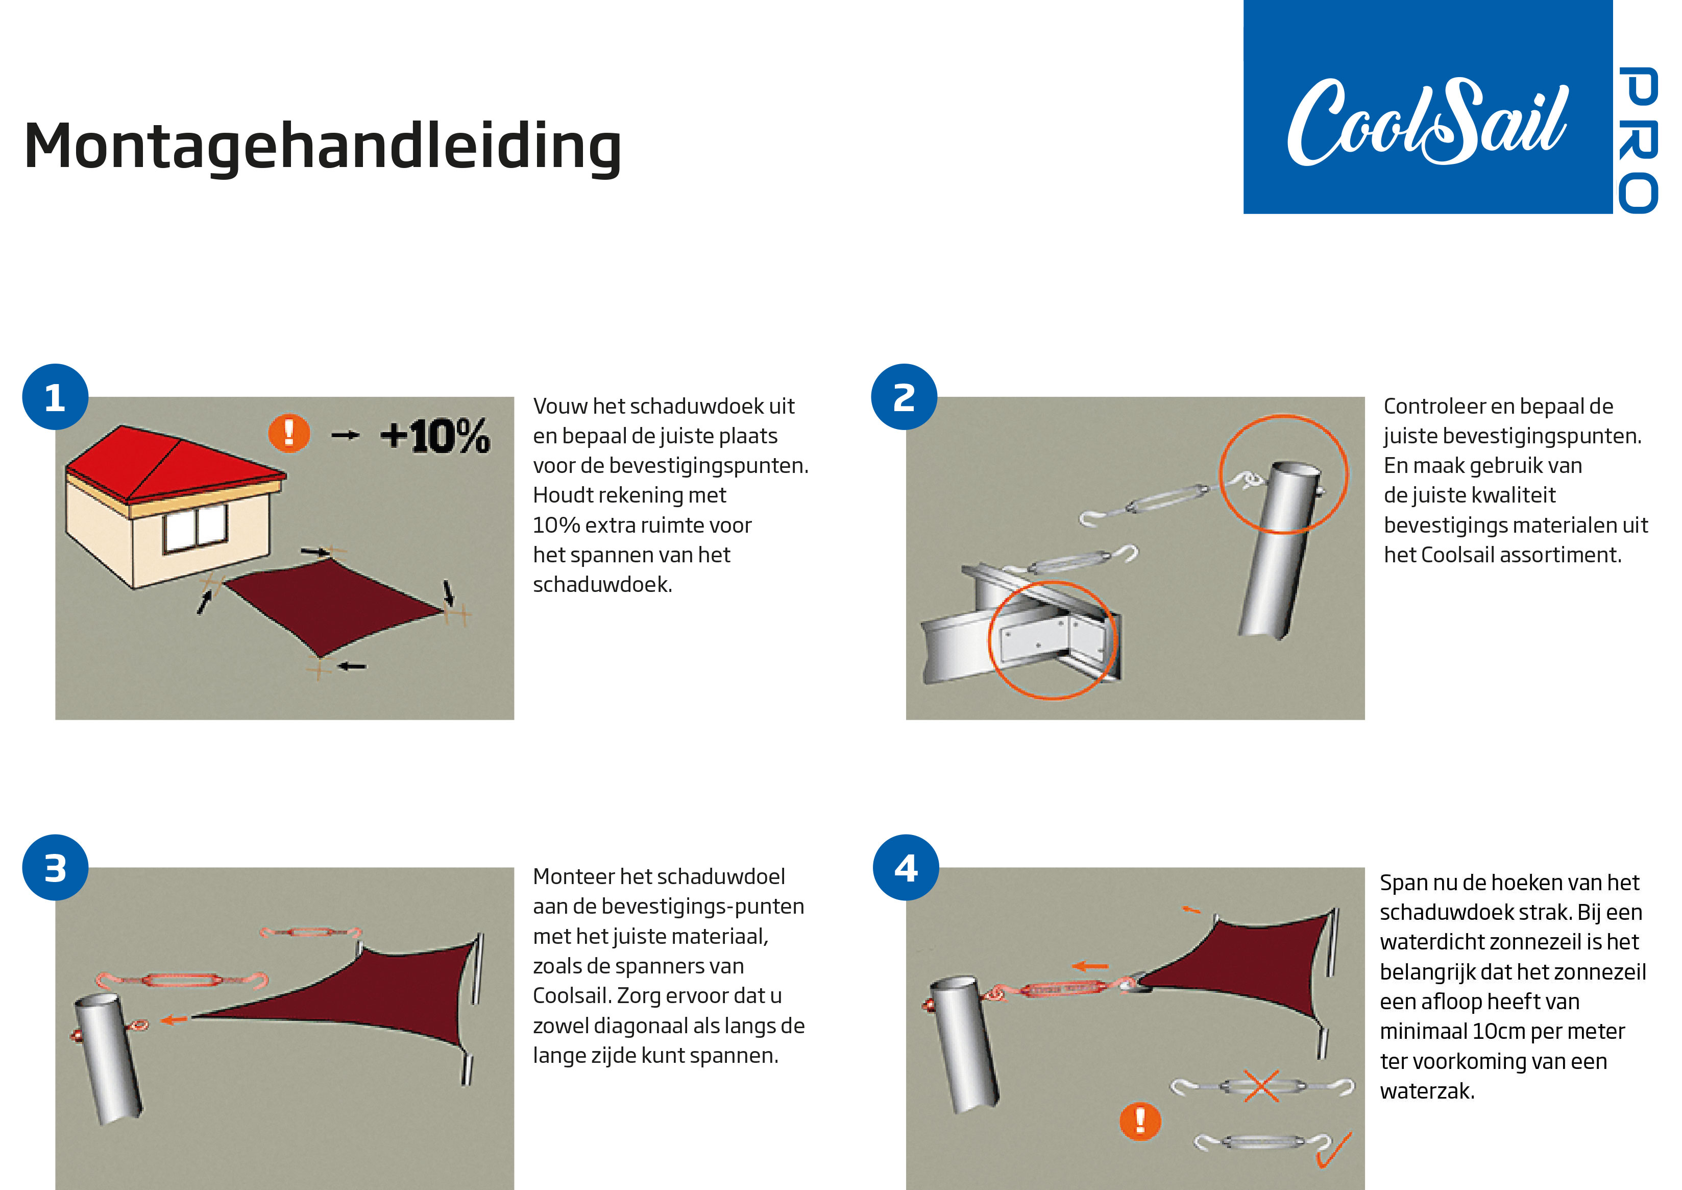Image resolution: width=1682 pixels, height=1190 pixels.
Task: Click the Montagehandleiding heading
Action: coord(322,147)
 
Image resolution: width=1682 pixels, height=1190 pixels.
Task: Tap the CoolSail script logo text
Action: coord(1427,122)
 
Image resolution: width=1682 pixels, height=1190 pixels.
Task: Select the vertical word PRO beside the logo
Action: coord(1638,140)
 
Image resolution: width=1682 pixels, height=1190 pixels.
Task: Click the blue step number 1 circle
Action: coord(55,396)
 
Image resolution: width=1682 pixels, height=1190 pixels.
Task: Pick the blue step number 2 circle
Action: coord(904,396)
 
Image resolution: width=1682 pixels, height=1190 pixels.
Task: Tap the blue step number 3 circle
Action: coord(55,868)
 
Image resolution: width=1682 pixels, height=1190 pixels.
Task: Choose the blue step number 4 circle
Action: coord(906,868)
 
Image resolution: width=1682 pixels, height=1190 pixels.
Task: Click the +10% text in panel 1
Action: coord(434,436)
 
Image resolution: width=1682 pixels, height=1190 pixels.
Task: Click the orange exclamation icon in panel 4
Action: coord(1140,1121)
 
